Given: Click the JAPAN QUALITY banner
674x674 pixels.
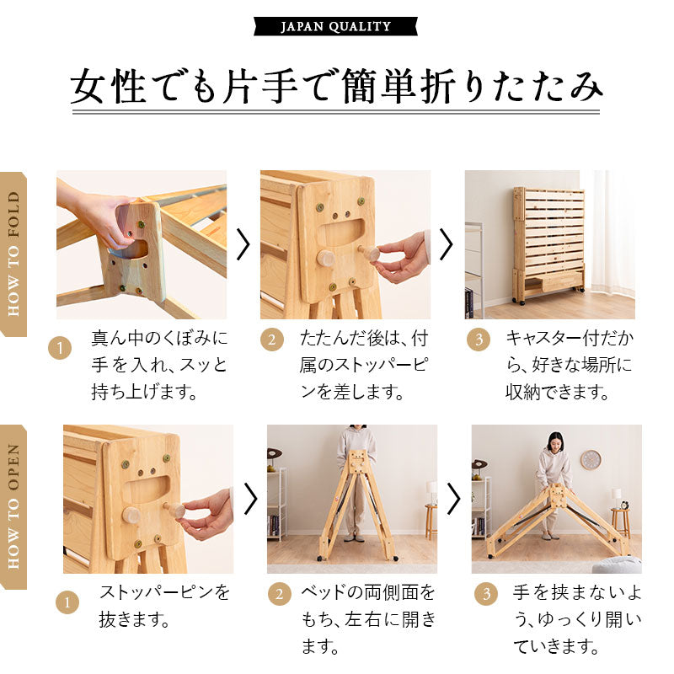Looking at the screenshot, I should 335,26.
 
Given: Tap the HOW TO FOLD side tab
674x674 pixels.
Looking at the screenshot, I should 13,254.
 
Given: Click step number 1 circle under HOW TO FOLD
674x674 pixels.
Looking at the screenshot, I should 60,349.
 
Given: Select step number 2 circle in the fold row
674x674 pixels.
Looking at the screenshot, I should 272,340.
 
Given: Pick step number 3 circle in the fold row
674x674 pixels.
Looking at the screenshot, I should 478,340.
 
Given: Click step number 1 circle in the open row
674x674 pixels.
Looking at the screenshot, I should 67,602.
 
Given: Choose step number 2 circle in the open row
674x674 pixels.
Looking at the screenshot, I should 279,593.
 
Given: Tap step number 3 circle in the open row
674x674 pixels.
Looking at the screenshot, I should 485,593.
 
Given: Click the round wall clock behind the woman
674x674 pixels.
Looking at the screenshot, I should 590,460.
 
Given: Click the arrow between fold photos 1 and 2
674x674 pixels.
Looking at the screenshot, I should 243,244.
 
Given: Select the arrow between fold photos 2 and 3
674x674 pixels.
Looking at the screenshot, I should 447,244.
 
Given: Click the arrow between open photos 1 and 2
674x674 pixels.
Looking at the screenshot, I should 249,499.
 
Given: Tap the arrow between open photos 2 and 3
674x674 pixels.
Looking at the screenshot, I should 454,499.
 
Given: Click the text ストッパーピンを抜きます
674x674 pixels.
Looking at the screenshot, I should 164,607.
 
